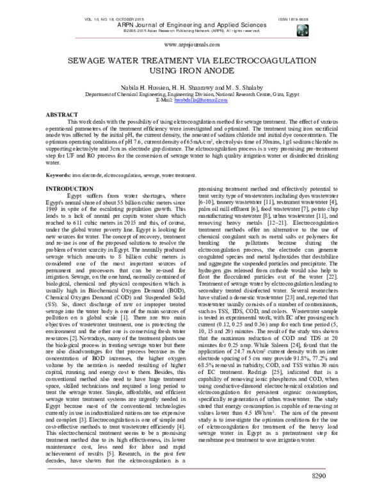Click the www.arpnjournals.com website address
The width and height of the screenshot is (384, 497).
[192, 45]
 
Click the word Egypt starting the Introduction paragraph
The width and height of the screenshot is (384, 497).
[76, 195]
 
